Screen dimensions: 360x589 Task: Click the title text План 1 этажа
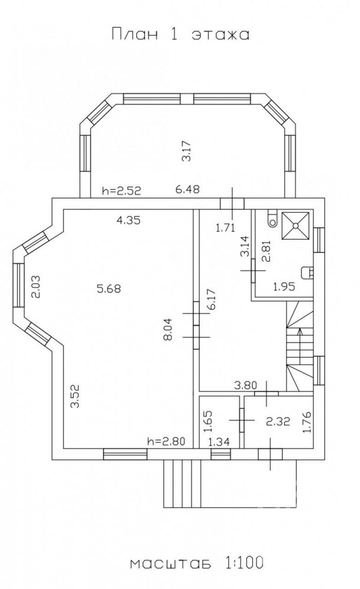click(180, 34)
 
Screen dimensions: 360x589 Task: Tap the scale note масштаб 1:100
click(196, 563)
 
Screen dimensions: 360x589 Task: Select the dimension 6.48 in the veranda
click(187, 189)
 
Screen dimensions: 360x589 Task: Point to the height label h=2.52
click(121, 190)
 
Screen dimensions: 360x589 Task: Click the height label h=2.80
click(167, 441)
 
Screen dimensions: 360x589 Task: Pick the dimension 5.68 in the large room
click(108, 289)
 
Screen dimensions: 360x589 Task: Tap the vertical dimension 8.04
click(167, 329)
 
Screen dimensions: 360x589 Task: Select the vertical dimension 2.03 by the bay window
click(35, 287)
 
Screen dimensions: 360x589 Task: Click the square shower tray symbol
click(296, 225)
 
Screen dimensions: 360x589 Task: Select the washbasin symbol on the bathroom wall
click(308, 272)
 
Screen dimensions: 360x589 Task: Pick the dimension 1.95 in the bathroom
click(284, 287)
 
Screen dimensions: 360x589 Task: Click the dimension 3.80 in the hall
click(245, 385)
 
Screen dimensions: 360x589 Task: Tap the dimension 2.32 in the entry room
click(278, 422)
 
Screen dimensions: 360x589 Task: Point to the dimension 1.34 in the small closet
click(219, 442)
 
